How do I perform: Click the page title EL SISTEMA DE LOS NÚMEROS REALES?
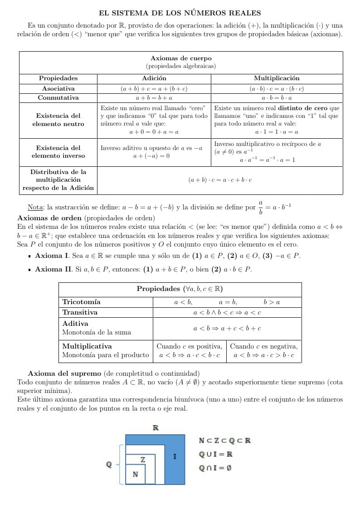pyautogui.click(x=180, y=14)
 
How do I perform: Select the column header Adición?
pyautogui.click(x=154, y=78)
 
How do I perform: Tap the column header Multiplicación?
pyautogui.click(x=277, y=78)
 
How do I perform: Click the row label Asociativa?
pyautogui.click(x=58, y=89)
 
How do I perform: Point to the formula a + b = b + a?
pyautogui.click(x=154, y=98)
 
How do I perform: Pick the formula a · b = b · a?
pyautogui.click(x=277, y=98)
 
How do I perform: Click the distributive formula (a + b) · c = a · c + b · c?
pyautogui.click(x=220, y=180)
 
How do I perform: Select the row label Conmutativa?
pyautogui.click(x=58, y=98)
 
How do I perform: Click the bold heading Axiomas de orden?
pyautogui.click(x=49, y=218)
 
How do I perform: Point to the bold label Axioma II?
pyautogui.click(x=53, y=269)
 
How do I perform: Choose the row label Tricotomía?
pyautogui.click(x=82, y=302)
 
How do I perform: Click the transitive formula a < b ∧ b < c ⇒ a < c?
pyautogui.click(x=227, y=312)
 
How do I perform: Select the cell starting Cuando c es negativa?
pyautogui.click(x=263, y=351)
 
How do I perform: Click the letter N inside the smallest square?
pyautogui.click(x=135, y=474)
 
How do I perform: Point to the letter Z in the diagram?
pyautogui.click(x=143, y=460)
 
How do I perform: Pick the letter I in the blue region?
pyautogui.click(x=175, y=456)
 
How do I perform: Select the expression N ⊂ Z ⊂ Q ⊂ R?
pyautogui.click(x=224, y=441)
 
